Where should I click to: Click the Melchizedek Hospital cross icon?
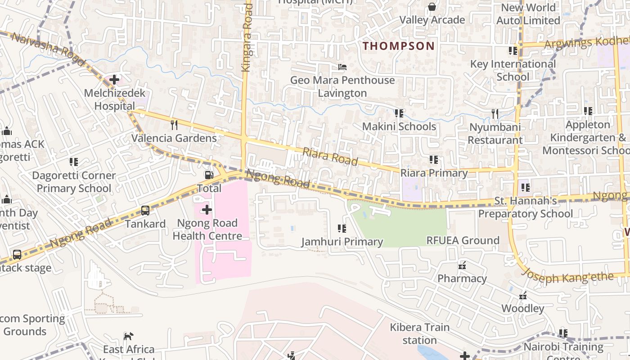tap(114, 80)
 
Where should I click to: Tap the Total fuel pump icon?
tap(209, 175)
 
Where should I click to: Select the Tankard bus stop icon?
tap(145, 210)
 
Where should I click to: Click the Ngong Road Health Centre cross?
tap(207, 210)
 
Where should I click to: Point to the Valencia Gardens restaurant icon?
tap(174, 124)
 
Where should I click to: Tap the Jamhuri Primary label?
tap(342, 242)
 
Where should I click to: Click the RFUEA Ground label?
tap(463, 240)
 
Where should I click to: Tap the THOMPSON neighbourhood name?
tap(399, 46)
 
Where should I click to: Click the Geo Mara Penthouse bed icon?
tap(342, 67)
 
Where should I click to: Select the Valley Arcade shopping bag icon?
tap(432, 6)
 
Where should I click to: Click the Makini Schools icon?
tap(399, 113)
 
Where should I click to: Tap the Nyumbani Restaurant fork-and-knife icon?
tap(495, 114)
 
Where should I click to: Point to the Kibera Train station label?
tap(419, 333)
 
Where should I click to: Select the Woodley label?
tap(523, 308)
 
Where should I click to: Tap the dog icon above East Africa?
tap(129, 336)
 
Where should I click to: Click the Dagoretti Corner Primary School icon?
tap(74, 162)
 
